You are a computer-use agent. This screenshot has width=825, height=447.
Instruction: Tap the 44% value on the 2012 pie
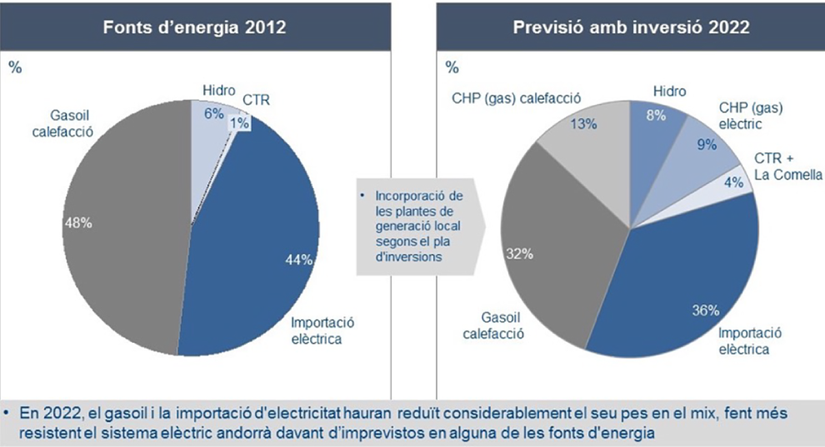(x=297, y=260)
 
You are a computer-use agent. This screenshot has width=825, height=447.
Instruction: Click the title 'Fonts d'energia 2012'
(x=194, y=27)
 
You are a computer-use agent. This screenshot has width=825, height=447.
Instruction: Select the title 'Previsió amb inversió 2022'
(x=631, y=27)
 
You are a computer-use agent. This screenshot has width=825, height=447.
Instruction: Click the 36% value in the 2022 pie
(x=705, y=311)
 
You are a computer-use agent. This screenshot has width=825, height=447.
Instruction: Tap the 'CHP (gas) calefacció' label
(x=516, y=97)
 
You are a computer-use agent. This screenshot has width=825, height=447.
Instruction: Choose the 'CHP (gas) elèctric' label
(x=751, y=116)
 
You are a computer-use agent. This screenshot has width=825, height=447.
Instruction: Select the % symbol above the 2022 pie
(x=452, y=67)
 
